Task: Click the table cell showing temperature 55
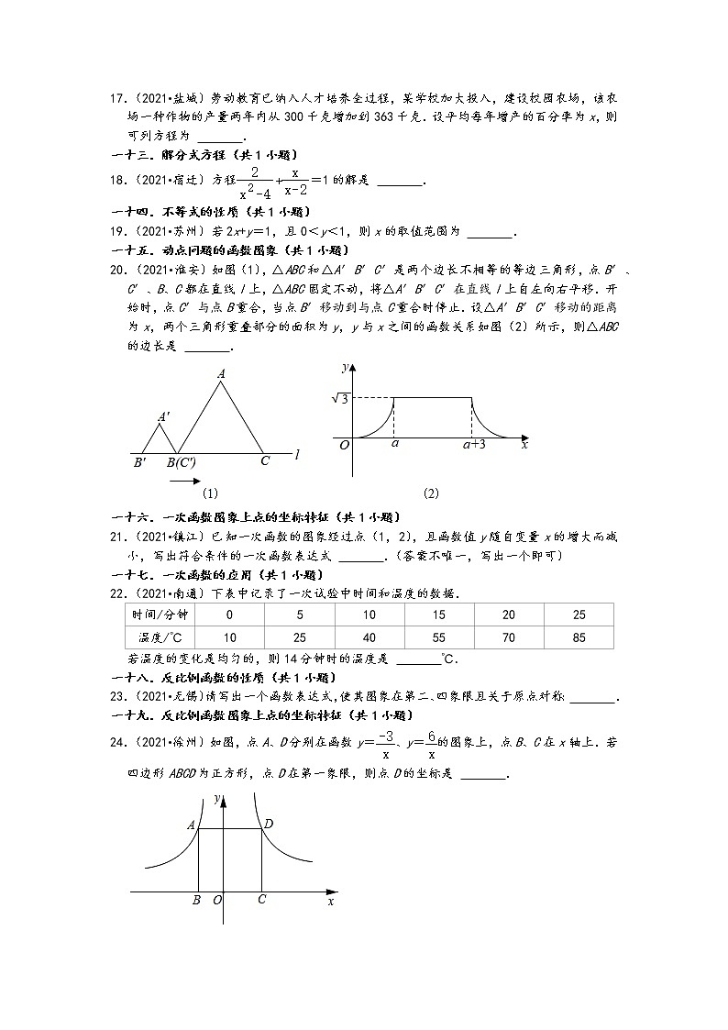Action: click(x=439, y=637)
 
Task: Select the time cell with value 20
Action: click(x=509, y=615)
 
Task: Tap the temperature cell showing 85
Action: click(x=578, y=637)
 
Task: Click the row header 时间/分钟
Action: click(x=159, y=615)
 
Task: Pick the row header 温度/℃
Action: click(x=159, y=637)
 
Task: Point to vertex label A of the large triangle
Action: click(x=221, y=373)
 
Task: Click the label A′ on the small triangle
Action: click(x=162, y=416)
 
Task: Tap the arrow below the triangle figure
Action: click(x=183, y=480)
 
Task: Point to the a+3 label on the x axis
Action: click(x=473, y=444)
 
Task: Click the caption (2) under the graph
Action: click(x=431, y=493)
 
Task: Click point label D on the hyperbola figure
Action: click(x=269, y=824)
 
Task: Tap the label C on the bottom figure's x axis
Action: click(x=261, y=900)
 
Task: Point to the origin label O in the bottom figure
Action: click(x=218, y=901)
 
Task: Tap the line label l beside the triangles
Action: click(x=300, y=452)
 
